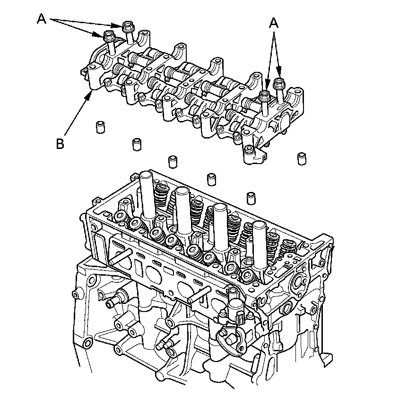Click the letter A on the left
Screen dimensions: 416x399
[x=42, y=19]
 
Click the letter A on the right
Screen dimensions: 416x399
[x=274, y=23]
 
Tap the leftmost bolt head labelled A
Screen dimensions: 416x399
[x=109, y=35]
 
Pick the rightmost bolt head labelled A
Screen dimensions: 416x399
[x=278, y=83]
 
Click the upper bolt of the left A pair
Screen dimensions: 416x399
[x=128, y=26]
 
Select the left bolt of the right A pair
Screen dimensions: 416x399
[x=265, y=95]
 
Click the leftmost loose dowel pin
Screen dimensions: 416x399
[x=100, y=127]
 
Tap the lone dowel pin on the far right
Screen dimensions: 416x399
[x=302, y=158]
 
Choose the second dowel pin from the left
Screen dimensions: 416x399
[x=137, y=144]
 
